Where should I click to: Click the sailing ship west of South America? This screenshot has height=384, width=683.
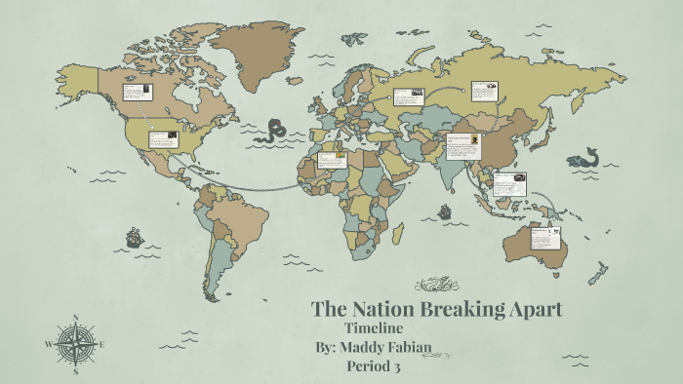click(134, 236)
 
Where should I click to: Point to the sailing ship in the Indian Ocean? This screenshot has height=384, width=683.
click(445, 211)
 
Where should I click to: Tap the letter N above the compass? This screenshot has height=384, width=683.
click(76, 317)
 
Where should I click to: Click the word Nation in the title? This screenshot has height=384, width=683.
click(378, 310)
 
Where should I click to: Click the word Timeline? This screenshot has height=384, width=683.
click(375, 329)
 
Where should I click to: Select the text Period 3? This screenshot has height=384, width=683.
click(374, 367)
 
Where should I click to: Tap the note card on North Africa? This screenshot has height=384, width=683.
click(332, 159)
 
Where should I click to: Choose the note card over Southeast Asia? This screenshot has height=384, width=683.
click(509, 183)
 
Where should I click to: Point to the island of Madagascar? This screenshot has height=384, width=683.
click(398, 234)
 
